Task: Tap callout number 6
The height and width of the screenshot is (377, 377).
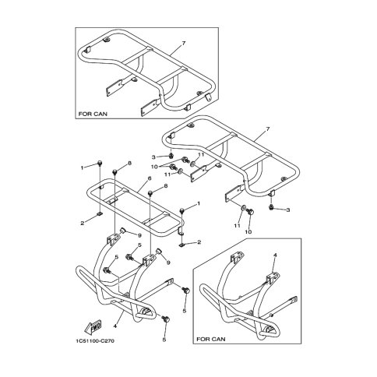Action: pyautogui.click(x=149, y=178)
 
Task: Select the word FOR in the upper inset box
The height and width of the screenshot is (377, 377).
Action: pyautogui.click(x=84, y=114)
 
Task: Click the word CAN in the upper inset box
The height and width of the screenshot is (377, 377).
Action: pyautogui.click(x=100, y=114)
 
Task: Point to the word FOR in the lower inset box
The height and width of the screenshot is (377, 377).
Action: pyautogui.click(x=203, y=339)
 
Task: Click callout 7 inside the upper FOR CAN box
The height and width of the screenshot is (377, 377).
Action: pyautogui.click(x=184, y=44)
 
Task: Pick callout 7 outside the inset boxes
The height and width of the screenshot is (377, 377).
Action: pyautogui.click(x=268, y=129)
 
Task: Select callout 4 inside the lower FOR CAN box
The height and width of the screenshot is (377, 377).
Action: pyautogui.click(x=275, y=255)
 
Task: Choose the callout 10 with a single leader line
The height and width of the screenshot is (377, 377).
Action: pyautogui.click(x=248, y=232)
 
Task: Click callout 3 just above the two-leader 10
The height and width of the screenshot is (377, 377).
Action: pyautogui.click(x=153, y=157)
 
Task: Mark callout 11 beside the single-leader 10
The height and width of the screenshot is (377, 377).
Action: pyautogui.click(x=237, y=226)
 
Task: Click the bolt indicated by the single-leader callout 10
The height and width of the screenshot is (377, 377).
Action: pyautogui.click(x=251, y=211)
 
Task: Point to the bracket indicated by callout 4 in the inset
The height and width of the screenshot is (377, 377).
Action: pyautogui.click(x=272, y=277)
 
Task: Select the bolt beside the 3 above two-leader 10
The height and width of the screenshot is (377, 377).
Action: pyautogui.click(x=171, y=156)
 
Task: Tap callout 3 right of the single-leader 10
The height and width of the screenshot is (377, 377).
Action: pyautogui.click(x=287, y=210)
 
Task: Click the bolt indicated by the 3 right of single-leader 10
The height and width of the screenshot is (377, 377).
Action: pyautogui.click(x=271, y=207)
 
